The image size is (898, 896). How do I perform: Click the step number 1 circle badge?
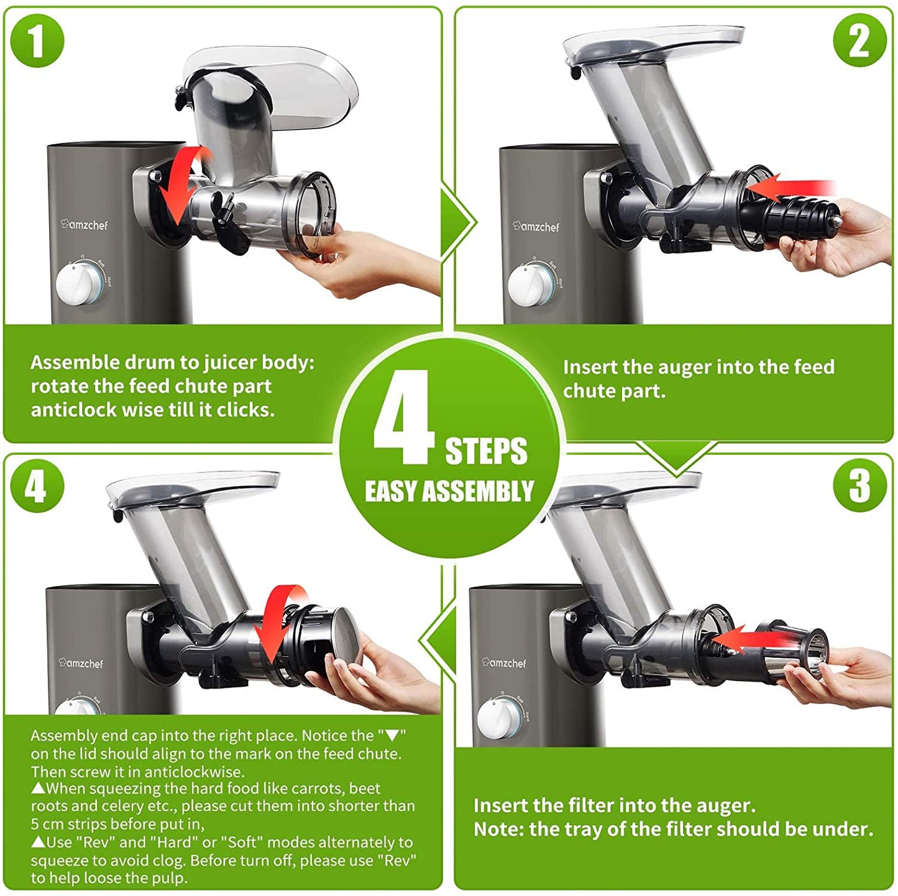(37, 40)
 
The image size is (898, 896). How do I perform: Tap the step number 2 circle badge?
(859, 40)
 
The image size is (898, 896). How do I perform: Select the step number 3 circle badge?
(859, 486)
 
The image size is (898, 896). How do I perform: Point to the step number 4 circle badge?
(37, 486)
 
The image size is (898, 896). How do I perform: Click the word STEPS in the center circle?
(486, 450)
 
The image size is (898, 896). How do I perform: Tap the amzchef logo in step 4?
(81, 662)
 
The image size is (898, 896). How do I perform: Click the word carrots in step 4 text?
(313, 789)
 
